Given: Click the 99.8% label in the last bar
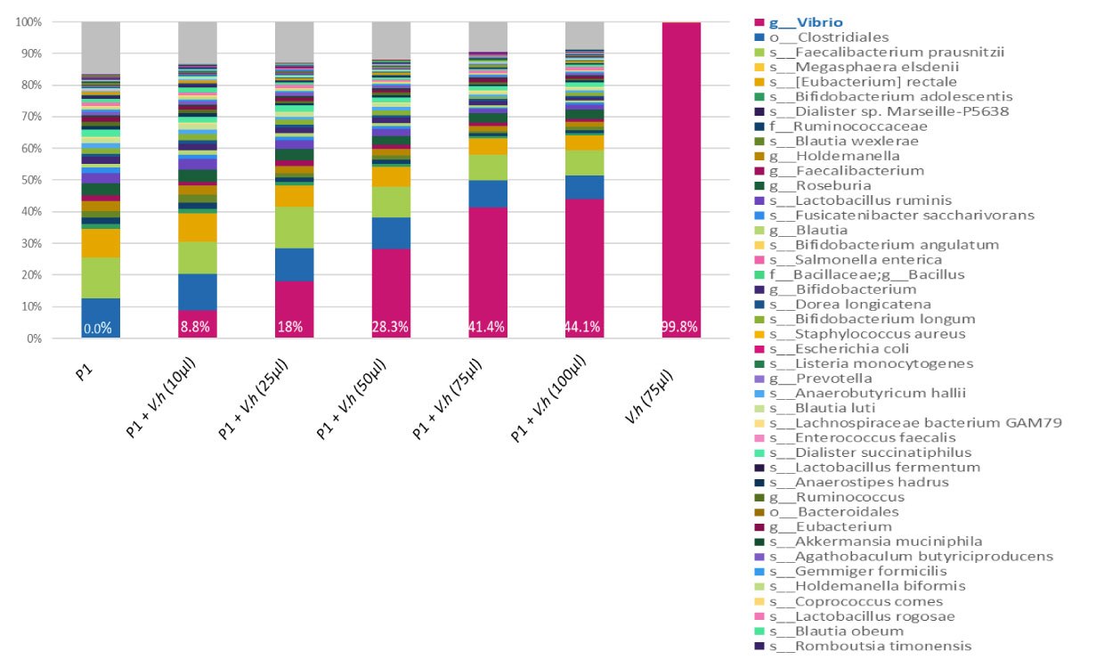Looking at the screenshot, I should click(x=681, y=328).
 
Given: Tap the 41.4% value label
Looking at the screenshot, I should click(x=488, y=328).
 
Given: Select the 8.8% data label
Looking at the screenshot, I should click(x=197, y=328).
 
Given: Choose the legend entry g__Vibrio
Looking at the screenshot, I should click(x=807, y=22).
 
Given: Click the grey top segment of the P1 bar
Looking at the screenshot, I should click(x=101, y=47).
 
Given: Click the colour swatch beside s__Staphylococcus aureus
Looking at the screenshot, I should click(x=759, y=334).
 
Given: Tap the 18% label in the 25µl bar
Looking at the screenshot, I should click(x=294, y=328).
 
